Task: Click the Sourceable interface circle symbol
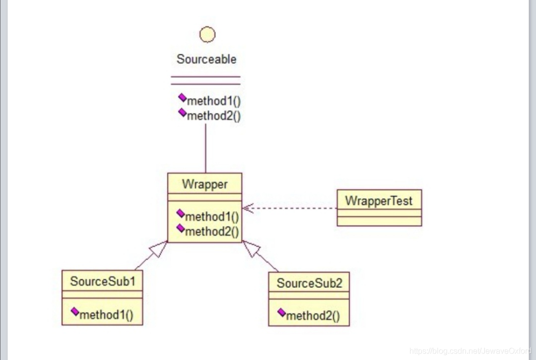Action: click(207, 35)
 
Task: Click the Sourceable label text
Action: click(206, 59)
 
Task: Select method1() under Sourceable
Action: click(213, 101)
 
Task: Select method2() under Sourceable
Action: click(213, 116)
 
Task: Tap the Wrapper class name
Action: click(204, 184)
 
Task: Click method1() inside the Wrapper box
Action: click(211, 216)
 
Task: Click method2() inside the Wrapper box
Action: click(211, 231)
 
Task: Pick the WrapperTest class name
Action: click(379, 201)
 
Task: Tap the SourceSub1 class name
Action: click(103, 282)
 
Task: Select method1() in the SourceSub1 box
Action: click(106, 314)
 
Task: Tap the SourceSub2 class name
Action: click(309, 284)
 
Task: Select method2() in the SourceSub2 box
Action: click(313, 316)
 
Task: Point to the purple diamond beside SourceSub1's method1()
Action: click(75, 311)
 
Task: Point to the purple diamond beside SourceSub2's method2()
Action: click(281, 313)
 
